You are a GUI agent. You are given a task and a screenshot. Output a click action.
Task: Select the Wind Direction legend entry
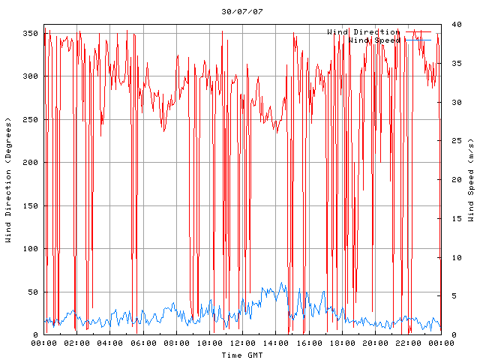point(363,32)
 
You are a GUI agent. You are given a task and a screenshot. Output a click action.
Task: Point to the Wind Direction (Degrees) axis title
point(9,180)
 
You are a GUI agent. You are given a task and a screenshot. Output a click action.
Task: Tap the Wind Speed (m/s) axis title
point(471,180)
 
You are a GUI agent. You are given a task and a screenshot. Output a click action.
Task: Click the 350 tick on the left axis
point(30,34)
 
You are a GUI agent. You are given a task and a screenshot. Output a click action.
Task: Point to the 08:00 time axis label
point(176,343)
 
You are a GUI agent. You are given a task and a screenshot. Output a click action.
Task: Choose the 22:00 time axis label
point(407,343)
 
